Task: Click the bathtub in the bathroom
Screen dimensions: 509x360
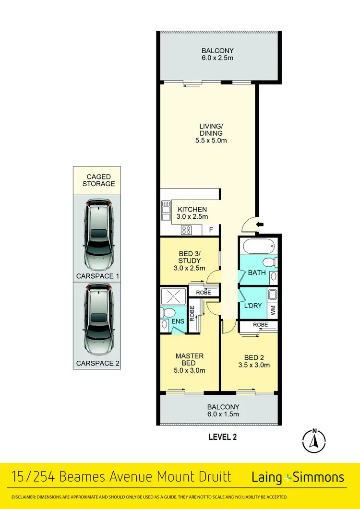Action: (x=260, y=248)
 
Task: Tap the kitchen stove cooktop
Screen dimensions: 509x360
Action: (x=187, y=230)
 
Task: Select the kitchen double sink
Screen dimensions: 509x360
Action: (x=166, y=212)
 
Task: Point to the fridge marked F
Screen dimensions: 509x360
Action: (x=210, y=230)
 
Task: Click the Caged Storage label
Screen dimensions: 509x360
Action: (x=98, y=180)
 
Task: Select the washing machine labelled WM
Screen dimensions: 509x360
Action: (x=273, y=310)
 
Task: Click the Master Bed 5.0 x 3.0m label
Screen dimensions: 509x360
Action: (x=190, y=363)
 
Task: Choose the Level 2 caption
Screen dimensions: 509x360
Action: (x=223, y=437)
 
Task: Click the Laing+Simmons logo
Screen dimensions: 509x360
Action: (x=298, y=477)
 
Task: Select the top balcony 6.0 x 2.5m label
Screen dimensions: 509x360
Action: (x=218, y=54)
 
